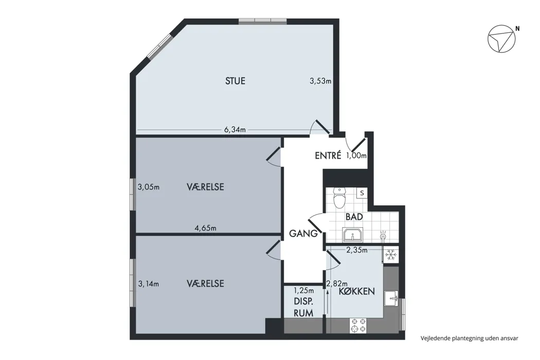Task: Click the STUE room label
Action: tap(235, 81)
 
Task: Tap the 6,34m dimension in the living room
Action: tap(235, 130)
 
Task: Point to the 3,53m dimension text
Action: tap(320, 81)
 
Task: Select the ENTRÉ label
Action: tap(328, 155)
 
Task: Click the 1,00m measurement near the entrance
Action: tap(356, 156)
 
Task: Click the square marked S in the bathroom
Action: tap(362, 193)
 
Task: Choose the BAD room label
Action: tap(354, 217)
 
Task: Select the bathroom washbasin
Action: tap(353, 235)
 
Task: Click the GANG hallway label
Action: tap(303, 233)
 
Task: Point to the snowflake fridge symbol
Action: tap(390, 255)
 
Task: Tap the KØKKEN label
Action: tap(357, 292)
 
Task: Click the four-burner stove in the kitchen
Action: tap(358, 326)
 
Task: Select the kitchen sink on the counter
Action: tap(392, 298)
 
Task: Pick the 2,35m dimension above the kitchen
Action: tap(357, 250)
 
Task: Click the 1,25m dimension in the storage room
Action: tap(303, 291)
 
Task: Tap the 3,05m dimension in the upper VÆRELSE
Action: tap(149, 187)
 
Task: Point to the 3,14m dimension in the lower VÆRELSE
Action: tap(149, 284)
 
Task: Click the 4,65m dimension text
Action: tap(206, 228)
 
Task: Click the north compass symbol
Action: tap(501, 39)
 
